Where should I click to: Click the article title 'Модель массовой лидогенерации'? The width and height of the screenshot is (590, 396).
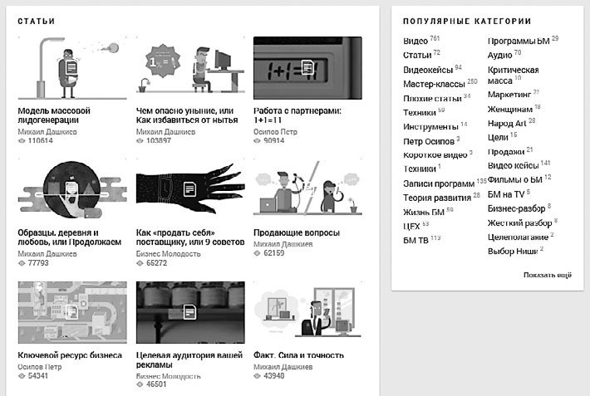pos(54,115)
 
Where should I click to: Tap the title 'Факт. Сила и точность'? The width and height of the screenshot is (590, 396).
pos(298,355)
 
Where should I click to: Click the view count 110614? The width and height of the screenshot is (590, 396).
pos(40,141)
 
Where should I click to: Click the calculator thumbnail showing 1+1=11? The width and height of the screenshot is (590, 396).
pos(307,68)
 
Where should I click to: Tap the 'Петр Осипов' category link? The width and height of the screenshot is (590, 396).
pos(427,141)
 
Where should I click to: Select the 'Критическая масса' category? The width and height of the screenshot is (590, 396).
pos(513,76)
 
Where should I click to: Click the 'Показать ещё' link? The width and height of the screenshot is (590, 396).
pos(547,275)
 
